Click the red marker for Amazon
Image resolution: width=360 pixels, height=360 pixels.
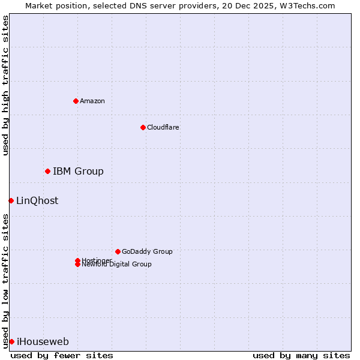pyautogui.click(x=76, y=101)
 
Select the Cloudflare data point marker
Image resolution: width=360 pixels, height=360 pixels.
pyautogui.click(x=143, y=127)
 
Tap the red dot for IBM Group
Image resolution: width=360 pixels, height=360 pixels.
pyautogui.click(x=47, y=171)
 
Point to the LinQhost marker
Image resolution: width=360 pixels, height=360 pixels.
pyautogui.click(x=11, y=200)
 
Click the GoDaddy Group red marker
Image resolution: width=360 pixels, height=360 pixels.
pyautogui.click(x=118, y=251)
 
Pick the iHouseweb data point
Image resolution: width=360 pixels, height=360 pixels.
pyautogui.click(x=11, y=341)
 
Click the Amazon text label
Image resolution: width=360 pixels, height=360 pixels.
pyautogui.click(x=92, y=101)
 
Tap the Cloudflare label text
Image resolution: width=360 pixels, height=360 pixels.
pyautogui.click(x=163, y=127)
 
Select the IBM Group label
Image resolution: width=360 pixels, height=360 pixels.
pyautogui.click(x=78, y=172)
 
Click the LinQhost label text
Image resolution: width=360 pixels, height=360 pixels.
pyautogui.click(x=37, y=201)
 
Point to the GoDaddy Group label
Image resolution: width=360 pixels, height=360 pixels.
pyautogui.click(x=147, y=251)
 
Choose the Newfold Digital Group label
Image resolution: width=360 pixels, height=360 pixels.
pyautogui.click(x=117, y=265)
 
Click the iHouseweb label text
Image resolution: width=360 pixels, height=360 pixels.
pyautogui.click(x=43, y=342)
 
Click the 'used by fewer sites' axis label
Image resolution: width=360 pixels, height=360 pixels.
pyautogui.click(x=62, y=355)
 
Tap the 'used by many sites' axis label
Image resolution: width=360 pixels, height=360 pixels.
pyautogui.click(x=301, y=355)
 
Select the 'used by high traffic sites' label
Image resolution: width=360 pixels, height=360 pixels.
pyautogui.click(x=6, y=85)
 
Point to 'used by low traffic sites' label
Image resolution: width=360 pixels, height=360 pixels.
pyautogui.click(x=6, y=280)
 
